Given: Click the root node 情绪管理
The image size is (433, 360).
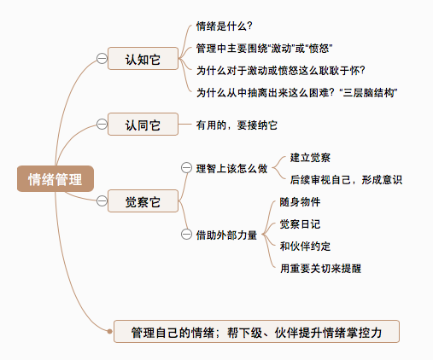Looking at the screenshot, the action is coord(56,179).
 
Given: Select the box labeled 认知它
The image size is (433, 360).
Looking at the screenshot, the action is coord(143,59).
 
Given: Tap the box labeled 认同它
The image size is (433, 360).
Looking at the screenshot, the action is coord(143,125).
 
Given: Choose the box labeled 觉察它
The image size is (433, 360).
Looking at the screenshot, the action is coord(143,201).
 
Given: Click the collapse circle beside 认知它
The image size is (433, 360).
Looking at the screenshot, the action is coord(102,59).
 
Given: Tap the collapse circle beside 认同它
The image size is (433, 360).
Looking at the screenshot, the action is coord(102,125).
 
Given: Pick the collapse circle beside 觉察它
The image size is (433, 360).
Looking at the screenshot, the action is coord(102,201).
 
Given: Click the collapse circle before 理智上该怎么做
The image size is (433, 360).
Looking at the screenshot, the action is coord(186,168).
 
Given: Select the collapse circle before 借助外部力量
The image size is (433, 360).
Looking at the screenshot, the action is coord(186,235).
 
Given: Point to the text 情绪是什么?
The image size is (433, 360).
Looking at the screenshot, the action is coord(225,26).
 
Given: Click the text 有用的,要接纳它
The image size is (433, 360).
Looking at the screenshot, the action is coord(237,125).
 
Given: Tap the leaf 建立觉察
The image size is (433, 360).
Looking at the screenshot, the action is coord(310,158).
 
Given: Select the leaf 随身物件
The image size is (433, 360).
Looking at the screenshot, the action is coord(300,202).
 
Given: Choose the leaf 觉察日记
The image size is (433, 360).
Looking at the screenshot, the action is coord(300,224).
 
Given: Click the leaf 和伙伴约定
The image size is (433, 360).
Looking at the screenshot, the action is coord(305,247).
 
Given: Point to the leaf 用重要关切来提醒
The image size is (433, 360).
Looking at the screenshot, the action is coord(320,269).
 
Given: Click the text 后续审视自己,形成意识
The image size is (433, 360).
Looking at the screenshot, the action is coord(346,180).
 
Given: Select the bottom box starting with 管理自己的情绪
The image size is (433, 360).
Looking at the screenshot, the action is coord(256,332).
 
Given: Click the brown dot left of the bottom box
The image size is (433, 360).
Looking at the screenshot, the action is coord(109,331).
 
